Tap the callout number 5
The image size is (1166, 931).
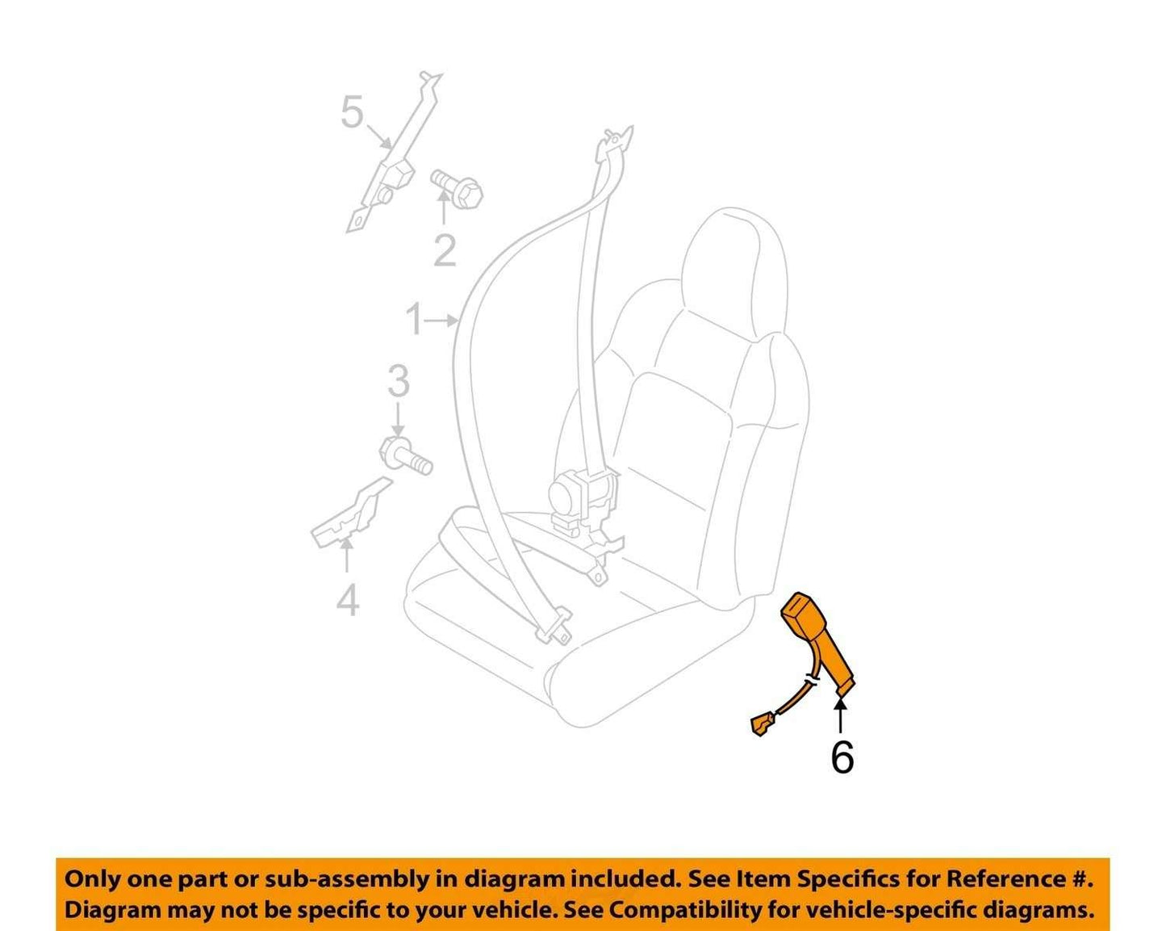tap(352, 111)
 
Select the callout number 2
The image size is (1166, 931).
tap(445, 250)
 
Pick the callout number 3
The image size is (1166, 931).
tap(399, 381)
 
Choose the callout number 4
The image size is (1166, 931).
tap(347, 600)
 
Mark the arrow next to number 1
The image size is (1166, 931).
tap(441, 321)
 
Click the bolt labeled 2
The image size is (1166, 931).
tap(457, 190)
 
